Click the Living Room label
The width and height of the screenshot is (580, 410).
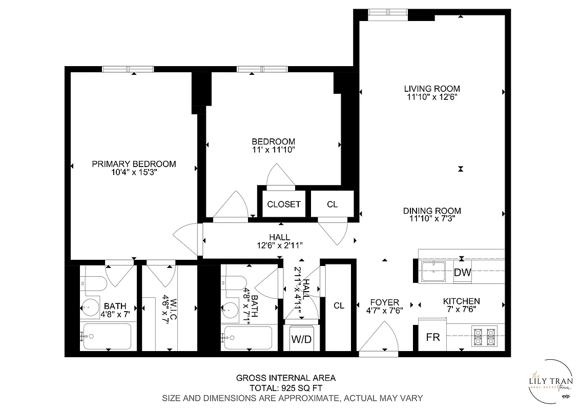431,88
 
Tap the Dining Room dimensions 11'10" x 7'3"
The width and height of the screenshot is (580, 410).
431,219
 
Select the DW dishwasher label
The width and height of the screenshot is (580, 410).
462,273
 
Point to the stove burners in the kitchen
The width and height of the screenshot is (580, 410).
485,336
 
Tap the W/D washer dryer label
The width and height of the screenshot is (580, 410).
301,339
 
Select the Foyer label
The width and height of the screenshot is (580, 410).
384,302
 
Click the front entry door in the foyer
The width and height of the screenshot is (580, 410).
379,341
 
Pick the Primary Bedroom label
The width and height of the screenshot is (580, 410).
134,164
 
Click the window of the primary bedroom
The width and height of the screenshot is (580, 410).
128,69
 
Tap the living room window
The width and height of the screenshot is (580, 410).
388,12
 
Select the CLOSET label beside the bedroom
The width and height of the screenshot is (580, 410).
284,204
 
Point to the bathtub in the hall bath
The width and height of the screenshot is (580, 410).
248,338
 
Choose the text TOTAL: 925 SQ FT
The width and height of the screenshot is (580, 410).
285,388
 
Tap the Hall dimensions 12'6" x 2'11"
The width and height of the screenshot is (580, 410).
280,245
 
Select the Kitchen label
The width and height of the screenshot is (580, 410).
461,301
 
